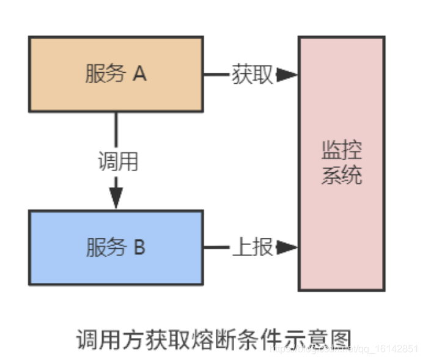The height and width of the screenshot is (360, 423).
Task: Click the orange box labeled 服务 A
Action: [x=116, y=74]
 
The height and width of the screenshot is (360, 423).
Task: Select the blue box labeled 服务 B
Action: [x=116, y=248]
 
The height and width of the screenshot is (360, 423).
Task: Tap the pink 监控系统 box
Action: [x=341, y=163]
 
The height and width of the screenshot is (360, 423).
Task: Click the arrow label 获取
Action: [x=252, y=75]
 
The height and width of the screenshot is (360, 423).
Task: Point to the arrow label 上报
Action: [x=252, y=248]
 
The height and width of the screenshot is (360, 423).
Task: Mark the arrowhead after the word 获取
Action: [x=286, y=75]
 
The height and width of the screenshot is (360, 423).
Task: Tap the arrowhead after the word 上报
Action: [x=286, y=248]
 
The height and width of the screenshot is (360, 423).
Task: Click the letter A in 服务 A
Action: [x=139, y=74]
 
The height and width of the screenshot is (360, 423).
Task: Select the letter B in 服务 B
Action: [x=139, y=248]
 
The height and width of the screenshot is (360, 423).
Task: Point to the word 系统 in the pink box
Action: [x=341, y=175]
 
